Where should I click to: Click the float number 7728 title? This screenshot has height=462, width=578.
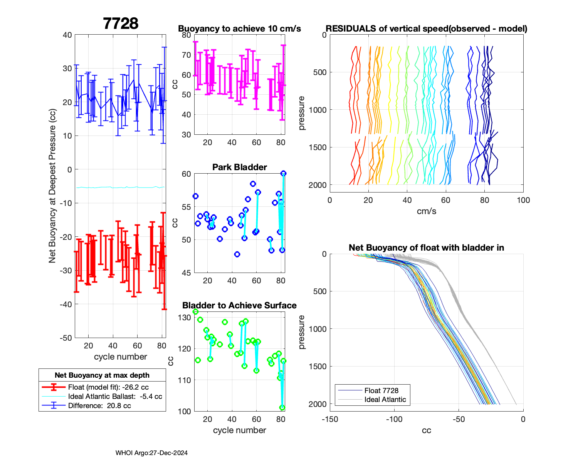(x=121, y=23)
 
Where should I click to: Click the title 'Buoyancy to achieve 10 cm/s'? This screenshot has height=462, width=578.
(x=239, y=28)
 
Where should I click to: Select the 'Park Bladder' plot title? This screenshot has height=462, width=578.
(x=239, y=167)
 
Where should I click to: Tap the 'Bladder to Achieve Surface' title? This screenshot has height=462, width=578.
(x=239, y=305)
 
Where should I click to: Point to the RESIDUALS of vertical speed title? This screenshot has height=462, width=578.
(x=426, y=28)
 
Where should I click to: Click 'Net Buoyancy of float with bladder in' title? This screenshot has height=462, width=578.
(x=426, y=248)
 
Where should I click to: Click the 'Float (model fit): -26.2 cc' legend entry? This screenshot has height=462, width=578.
(x=108, y=387)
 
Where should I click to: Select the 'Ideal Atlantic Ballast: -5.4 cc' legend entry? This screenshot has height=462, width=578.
(x=115, y=396)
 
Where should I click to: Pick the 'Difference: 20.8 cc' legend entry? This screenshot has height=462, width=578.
(x=99, y=405)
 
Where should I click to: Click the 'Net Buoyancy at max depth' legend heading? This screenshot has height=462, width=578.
(x=102, y=375)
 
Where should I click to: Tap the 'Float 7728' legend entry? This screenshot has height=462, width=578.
(x=381, y=390)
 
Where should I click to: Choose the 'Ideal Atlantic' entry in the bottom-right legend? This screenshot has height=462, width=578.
(x=385, y=400)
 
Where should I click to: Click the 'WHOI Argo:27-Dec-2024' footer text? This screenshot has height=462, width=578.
(x=151, y=453)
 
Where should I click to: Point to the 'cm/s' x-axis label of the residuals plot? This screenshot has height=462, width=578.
(x=426, y=211)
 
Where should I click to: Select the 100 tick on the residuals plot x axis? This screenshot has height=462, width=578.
(x=523, y=200)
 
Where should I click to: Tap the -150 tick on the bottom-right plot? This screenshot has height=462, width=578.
(x=330, y=419)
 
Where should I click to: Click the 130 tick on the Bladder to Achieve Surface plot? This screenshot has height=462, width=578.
(x=185, y=318)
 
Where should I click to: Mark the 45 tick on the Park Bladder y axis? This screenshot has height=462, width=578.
(x=186, y=273)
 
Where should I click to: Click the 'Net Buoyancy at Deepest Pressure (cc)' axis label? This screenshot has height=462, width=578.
(x=52, y=186)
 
